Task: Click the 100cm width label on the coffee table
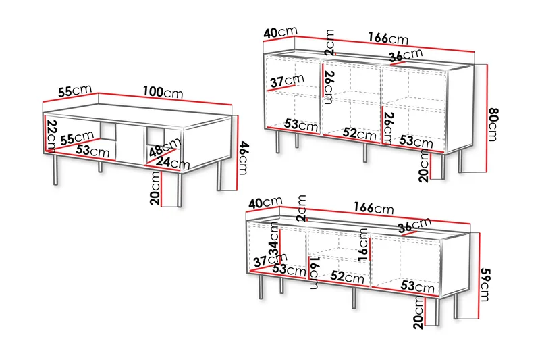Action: pos(163,93)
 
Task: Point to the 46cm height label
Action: pos(244,158)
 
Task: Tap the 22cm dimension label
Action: pos(52,136)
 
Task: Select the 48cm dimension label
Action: pos(165,147)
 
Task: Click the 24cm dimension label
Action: pos(173,162)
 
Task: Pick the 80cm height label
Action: pos(493,124)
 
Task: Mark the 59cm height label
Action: pos(484,284)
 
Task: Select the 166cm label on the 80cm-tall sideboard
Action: pos(388,38)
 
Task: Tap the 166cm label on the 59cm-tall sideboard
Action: pos(374,208)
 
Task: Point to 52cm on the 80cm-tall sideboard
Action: pos(360,133)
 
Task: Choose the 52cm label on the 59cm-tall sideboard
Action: pos(347,276)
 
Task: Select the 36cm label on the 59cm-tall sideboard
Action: pos(414,226)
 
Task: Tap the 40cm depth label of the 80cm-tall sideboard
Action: pos(280,32)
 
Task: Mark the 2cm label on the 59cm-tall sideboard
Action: pos(301,208)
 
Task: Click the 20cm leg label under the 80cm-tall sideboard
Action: pos(424,166)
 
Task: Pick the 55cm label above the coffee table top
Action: pos(75,91)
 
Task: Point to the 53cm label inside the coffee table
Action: pos(92,151)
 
